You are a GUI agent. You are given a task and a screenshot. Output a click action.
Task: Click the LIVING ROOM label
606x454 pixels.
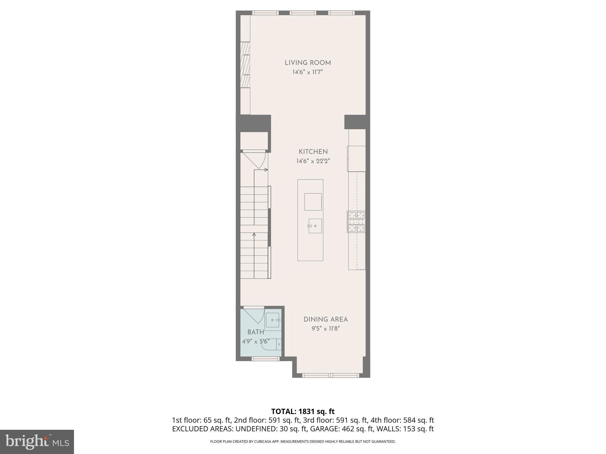pyautogui.click(x=307, y=63)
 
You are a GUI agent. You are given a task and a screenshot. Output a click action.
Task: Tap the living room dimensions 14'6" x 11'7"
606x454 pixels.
pyautogui.click(x=307, y=72)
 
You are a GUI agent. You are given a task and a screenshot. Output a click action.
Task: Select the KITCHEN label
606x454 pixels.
pyautogui.click(x=313, y=152)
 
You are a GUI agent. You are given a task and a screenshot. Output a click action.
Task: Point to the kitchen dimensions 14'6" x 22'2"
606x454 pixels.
pyautogui.click(x=313, y=161)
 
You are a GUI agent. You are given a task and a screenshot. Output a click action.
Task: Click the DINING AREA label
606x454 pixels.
pyautogui.click(x=325, y=319)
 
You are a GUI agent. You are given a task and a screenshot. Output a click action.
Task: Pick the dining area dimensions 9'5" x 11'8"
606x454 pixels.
pyautogui.click(x=325, y=329)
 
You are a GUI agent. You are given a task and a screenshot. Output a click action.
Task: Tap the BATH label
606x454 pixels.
pyautogui.click(x=256, y=332)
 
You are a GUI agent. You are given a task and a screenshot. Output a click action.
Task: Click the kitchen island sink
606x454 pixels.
pyautogui.click(x=315, y=226)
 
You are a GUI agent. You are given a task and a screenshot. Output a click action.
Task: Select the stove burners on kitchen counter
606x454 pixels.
pyautogui.click(x=356, y=221)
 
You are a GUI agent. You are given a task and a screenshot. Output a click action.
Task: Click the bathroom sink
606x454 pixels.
pyautogui.click(x=273, y=320)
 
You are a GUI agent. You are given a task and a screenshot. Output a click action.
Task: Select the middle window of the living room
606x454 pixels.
pyautogui.click(x=303, y=13)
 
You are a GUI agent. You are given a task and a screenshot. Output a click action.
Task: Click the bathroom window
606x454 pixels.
pyautogui.click(x=265, y=359)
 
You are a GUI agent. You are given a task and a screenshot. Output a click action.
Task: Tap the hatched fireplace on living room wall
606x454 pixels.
pyautogui.click(x=245, y=65)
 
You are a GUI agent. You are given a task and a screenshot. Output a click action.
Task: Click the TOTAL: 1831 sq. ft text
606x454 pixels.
pyautogui.click(x=303, y=411)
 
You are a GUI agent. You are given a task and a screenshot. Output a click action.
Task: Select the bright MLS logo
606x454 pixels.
pyautogui.click(x=37, y=442)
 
